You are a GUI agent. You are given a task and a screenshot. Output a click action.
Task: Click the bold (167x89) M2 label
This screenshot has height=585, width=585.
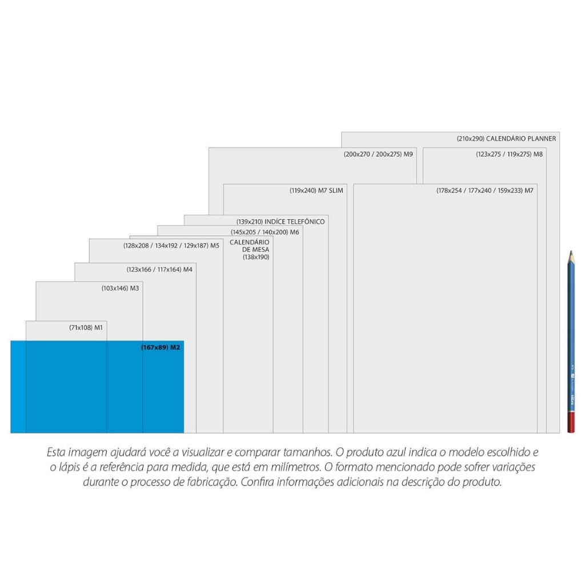click(161, 347)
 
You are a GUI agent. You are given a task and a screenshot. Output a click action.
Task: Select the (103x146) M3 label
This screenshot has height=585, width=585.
click(120, 289)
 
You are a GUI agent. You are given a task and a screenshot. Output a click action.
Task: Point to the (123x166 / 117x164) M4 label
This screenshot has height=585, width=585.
click(159, 270)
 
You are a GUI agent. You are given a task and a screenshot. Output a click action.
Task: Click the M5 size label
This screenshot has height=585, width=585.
click(171, 246)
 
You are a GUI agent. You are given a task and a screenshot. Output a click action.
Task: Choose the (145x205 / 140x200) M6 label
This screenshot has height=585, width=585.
click(265, 233)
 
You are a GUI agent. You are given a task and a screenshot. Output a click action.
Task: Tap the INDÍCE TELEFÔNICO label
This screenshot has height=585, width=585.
click(281, 222)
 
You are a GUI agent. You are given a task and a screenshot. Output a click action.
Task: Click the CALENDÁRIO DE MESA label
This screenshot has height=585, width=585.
click(250, 250)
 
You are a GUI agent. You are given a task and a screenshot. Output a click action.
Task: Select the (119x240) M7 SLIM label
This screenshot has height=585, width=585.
click(316, 191)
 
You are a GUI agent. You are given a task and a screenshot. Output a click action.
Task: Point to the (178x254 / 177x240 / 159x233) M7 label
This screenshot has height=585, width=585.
click(485, 191)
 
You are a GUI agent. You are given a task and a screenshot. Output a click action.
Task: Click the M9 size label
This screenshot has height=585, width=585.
click(378, 154)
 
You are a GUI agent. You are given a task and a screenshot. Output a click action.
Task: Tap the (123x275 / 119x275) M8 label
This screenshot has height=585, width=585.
click(509, 154)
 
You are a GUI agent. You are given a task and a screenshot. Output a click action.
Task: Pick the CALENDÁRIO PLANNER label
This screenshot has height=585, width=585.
click(506, 139)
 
